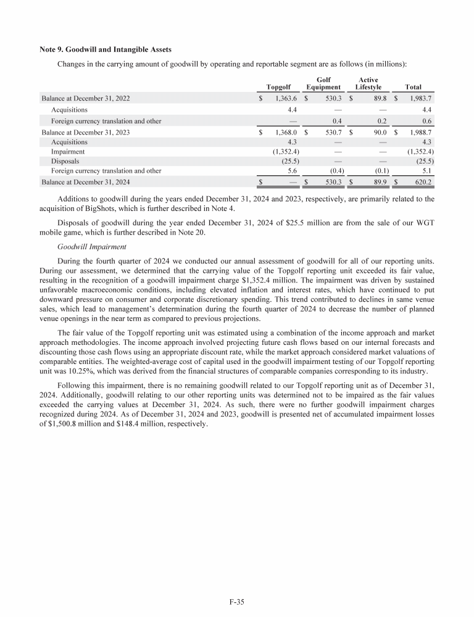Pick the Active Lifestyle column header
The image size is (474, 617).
368,83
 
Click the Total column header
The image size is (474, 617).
413,88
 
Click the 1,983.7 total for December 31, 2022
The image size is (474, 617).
418,98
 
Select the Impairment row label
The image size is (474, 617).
68,151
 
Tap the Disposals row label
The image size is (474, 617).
65,161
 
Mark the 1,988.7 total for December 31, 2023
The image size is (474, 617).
418,132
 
